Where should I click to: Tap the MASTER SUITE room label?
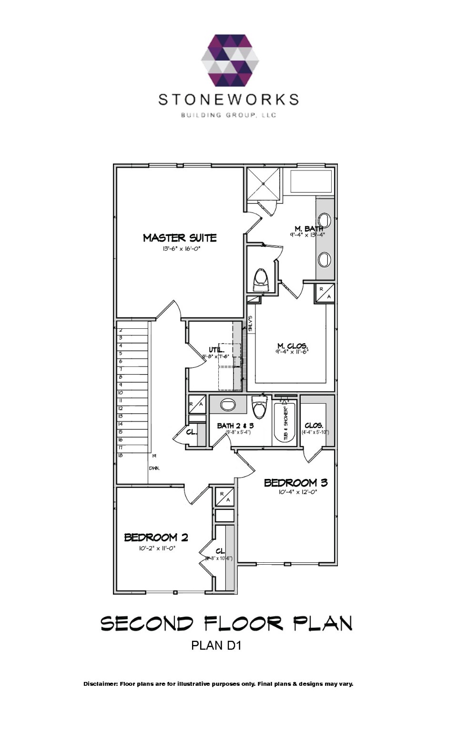(x=180, y=238)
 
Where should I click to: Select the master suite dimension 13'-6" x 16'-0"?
(x=181, y=249)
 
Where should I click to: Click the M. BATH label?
(x=308, y=229)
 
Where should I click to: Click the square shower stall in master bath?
(x=263, y=183)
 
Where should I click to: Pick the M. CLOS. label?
(x=292, y=346)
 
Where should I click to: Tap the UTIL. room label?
(x=216, y=350)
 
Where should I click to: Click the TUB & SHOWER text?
(x=286, y=423)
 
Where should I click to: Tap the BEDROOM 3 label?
(x=295, y=483)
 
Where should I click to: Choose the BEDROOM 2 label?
(x=156, y=538)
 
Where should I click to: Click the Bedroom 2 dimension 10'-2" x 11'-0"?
(x=157, y=549)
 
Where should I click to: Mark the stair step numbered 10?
(x=121, y=393)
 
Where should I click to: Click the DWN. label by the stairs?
(x=154, y=468)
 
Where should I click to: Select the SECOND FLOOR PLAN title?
(x=226, y=623)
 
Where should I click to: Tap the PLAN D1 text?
(x=216, y=645)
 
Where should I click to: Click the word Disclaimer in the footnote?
(x=100, y=684)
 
